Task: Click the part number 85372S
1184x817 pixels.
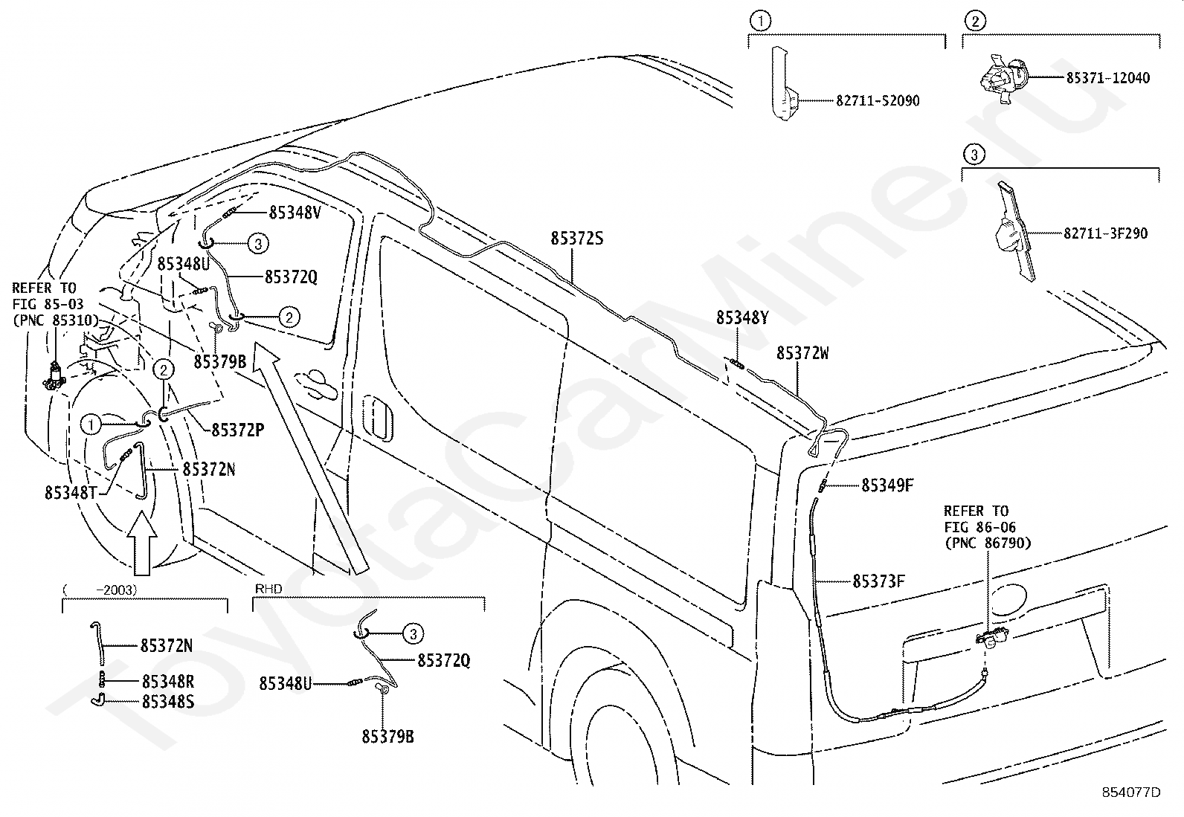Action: [576, 239]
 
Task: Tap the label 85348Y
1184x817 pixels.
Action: [742, 317]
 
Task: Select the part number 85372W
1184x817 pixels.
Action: [802, 353]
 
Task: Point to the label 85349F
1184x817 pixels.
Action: [887, 485]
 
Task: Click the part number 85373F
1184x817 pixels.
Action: [879, 581]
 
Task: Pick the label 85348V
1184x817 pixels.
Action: [295, 213]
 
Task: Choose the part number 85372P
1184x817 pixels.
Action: [238, 430]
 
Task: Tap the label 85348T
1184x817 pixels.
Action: [71, 493]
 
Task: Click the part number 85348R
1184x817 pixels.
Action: [168, 681]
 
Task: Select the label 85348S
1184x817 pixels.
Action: [168, 701]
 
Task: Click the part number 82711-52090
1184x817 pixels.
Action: [878, 100]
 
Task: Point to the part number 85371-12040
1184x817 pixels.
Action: [1108, 78]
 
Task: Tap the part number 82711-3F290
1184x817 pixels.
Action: [1106, 233]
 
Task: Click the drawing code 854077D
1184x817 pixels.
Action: [1131, 792]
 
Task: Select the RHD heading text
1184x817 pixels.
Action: [268, 589]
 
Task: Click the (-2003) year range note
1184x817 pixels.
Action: [100, 590]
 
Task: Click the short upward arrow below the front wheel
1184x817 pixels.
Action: [142, 543]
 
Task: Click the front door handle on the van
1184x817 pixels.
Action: [315, 384]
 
